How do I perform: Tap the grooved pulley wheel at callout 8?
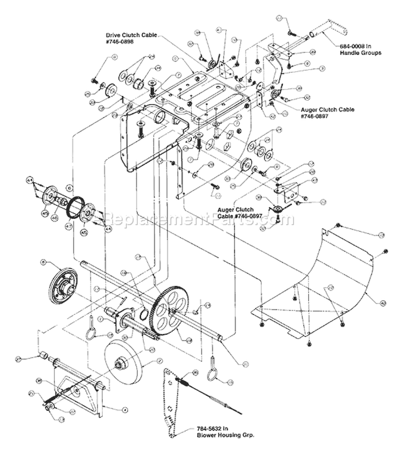[x=62, y=283]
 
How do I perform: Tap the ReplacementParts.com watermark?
[x=199, y=220]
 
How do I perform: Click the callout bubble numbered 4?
[x=125, y=410]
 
